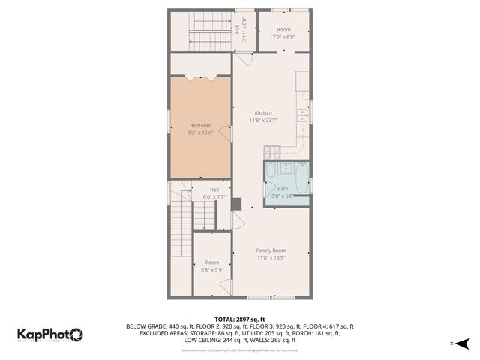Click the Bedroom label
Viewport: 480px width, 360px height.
tap(200, 125)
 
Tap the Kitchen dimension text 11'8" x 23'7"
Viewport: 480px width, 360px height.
tap(263, 120)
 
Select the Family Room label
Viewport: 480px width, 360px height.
tap(271, 250)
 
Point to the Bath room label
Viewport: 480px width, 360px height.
tap(283, 188)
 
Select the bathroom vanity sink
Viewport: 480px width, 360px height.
tap(285, 168)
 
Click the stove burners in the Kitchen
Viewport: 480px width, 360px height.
tap(273, 150)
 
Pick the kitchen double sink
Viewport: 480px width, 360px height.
tap(301, 115)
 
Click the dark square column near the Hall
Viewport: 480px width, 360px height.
tap(237, 203)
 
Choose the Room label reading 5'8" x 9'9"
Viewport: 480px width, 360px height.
tap(212, 265)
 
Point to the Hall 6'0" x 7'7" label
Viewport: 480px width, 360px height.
tap(214, 193)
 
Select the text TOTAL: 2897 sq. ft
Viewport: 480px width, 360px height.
tap(240, 319)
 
